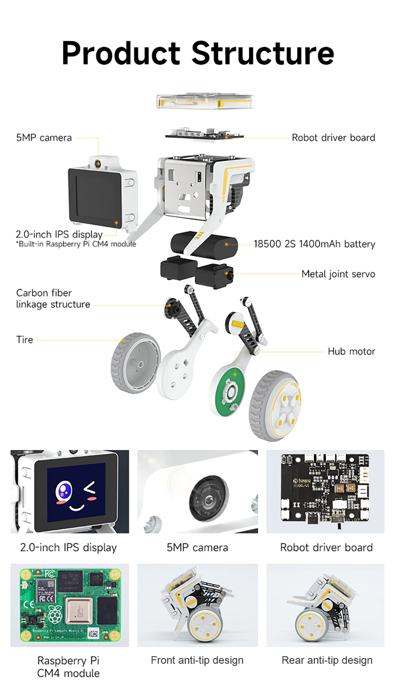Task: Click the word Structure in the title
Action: point(263,53)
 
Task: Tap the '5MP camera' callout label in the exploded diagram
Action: point(44,138)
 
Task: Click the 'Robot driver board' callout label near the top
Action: point(333,137)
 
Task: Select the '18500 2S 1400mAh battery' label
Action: point(314,244)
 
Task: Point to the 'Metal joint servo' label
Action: point(338,274)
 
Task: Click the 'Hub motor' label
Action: point(352,351)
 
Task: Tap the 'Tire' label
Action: point(25,340)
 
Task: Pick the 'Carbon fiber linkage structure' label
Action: point(53,298)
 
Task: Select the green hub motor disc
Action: point(230,390)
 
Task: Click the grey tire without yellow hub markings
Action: point(135,363)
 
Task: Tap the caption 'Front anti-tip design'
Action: point(197,660)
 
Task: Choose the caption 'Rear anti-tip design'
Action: point(327,660)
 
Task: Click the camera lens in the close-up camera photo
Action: point(209,498)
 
